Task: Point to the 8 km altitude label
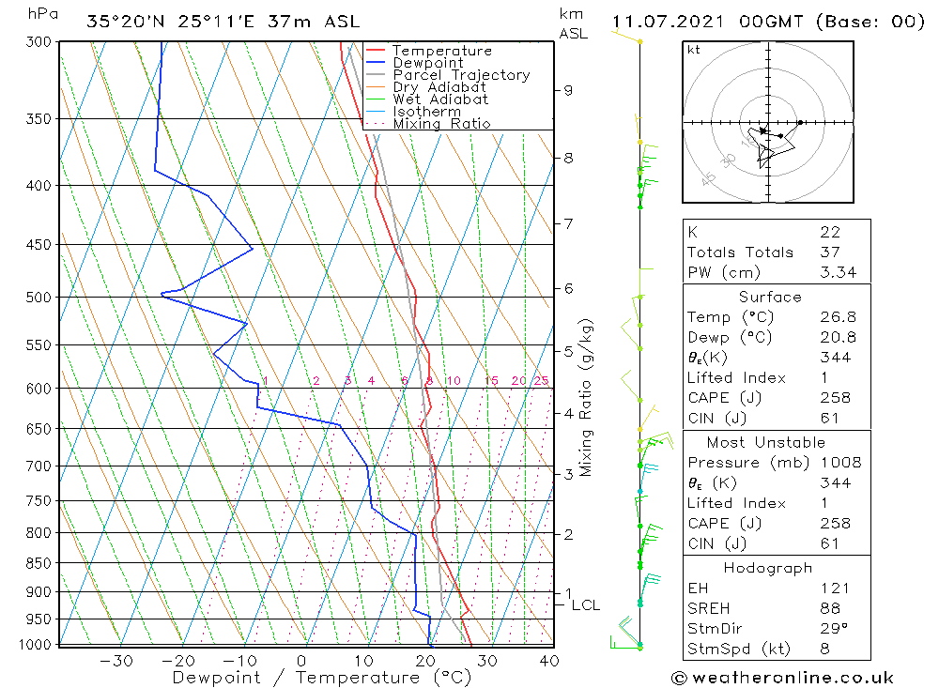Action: click(568, 158)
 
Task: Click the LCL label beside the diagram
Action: click(585, 605)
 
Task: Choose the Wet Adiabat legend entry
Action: click(440, 99)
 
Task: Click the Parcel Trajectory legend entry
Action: click(460, 75)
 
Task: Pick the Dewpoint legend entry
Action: click(427, 63)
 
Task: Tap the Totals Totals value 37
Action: click(829, 252)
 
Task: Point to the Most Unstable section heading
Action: click(766, 442)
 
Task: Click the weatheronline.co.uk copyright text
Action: click(782, 678)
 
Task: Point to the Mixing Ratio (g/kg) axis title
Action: click(586, 397)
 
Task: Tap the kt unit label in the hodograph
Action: click(693, 50)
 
